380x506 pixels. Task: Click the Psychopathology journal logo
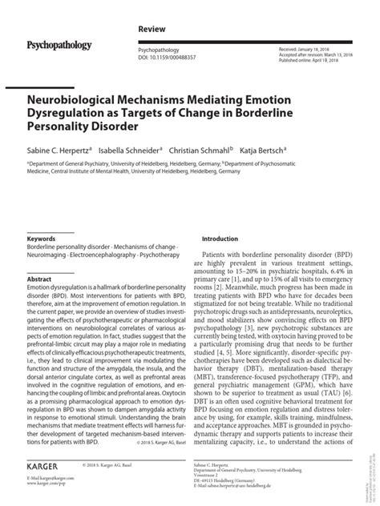coord(59,45)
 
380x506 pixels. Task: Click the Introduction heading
coord(220,239)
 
